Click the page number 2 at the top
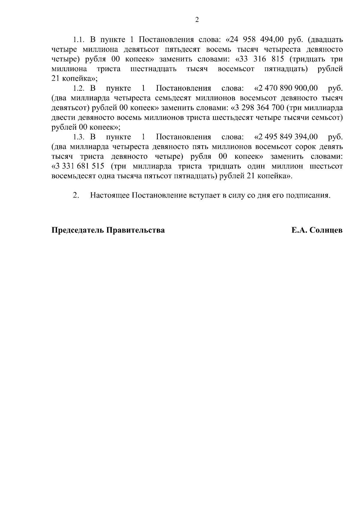click(197, 20)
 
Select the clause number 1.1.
click(79, 40)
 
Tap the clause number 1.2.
click(79, 88)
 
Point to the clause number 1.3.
click(79, 137)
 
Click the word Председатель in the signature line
click(77, 230)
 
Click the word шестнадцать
click(154, 69)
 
